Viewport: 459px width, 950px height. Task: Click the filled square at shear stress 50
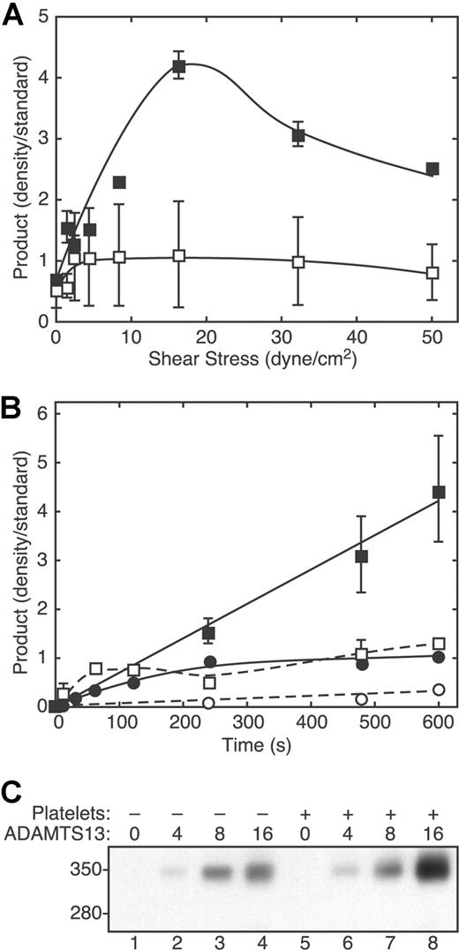click(433, 169)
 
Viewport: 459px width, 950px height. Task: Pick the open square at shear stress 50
click(433, 273)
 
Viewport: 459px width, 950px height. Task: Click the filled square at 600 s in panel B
click(439, 492)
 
